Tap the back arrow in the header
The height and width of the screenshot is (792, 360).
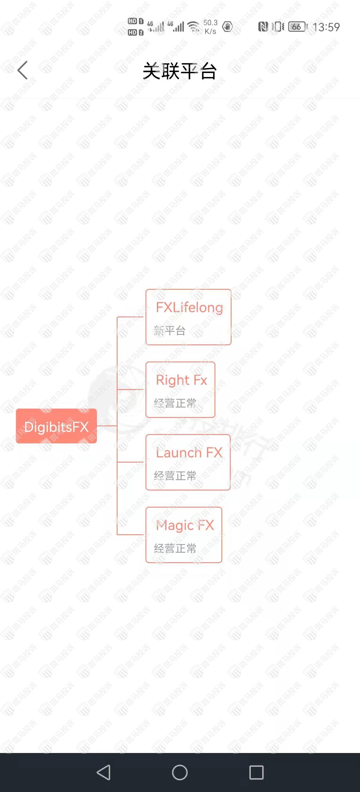(x=22, y=70)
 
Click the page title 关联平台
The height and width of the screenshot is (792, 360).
(x=180, y=71)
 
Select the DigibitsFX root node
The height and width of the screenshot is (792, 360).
(x=56, y=426)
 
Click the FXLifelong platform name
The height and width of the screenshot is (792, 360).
(x=189, y=307)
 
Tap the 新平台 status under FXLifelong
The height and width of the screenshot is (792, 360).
(x=170, y=331)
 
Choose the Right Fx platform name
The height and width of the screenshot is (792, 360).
(x=181, y=380)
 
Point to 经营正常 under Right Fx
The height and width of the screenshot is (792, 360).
(x=175, y=403)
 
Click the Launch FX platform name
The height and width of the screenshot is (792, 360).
(x=189, y=453)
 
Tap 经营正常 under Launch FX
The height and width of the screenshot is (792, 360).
(x=175, y=475)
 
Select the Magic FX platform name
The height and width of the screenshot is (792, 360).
(x=185, y=525)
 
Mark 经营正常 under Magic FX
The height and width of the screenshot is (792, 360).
(x=175, y=548)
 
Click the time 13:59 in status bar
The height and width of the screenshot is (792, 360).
(x=326, y=27)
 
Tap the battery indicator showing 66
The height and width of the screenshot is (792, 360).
(x=297, y=27)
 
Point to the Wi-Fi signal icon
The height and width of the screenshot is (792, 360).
(x=194, y=27)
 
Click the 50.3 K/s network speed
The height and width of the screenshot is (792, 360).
(x=211, y=27)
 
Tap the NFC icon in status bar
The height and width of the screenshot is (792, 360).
(x=263, y=27)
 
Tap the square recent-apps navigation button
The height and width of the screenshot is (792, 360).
(x=256, y=772)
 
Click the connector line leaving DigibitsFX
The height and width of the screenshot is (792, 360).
(x=107, y=426)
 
